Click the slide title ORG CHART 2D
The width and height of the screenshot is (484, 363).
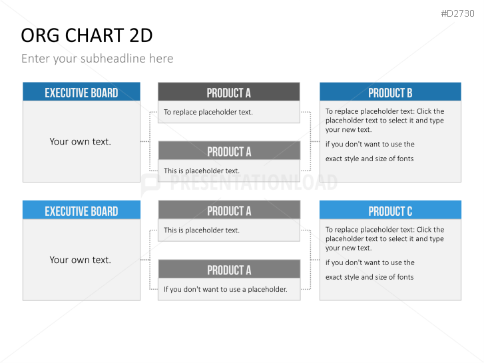pos(87,35)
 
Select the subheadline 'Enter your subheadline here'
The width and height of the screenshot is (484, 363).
pos(97,59)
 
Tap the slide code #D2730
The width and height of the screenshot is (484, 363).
pos(457,13)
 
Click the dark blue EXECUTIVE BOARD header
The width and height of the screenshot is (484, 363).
pos(81,92)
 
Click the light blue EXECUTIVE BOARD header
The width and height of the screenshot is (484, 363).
pos(81,210)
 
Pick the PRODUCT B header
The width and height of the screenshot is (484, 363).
pos(391,92)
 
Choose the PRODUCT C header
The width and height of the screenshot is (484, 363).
pos(391,210)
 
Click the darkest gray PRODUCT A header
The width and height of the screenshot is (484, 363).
pos(229,92)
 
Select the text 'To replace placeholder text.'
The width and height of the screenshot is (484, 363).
pos(208,112)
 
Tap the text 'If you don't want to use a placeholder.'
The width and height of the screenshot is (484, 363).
pos(225,290)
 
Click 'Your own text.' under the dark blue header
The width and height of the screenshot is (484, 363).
pos(81,141)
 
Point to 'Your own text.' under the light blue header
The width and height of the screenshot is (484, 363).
pos(81,260)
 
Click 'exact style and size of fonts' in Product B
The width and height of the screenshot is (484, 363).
pos(369,159)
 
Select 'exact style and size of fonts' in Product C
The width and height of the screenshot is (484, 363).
pos(369,277)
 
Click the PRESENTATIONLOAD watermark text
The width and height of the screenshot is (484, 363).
pos(254,182)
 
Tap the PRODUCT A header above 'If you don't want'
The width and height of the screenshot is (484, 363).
pos(229,269)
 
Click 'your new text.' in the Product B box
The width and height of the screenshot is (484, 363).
pos(348,130)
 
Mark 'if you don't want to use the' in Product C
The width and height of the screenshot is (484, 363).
pos(369,262)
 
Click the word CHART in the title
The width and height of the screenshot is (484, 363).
pos(95,35)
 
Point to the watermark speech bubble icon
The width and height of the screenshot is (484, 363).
pos(150,184)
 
